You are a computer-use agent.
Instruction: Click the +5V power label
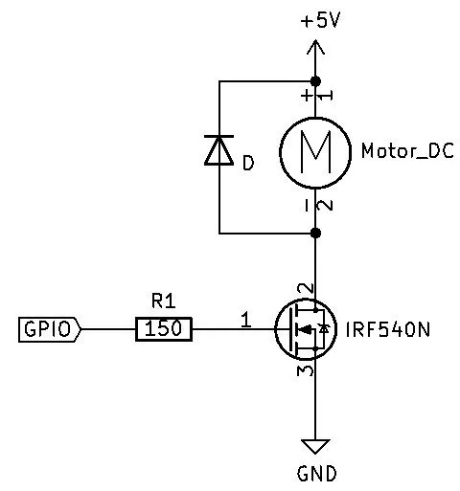320,20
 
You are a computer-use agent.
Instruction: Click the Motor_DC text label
406,152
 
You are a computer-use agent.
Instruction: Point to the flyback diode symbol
219,151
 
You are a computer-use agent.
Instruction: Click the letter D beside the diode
248,164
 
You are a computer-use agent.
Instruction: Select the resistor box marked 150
164,330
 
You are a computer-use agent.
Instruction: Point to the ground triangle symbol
315,446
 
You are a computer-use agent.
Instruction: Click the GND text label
316,474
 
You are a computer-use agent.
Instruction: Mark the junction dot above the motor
315,81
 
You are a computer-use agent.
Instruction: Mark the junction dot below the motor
315,233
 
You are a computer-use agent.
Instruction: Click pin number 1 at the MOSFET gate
246,321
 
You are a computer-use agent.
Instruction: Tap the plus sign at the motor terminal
306,95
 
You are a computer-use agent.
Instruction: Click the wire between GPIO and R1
108,330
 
